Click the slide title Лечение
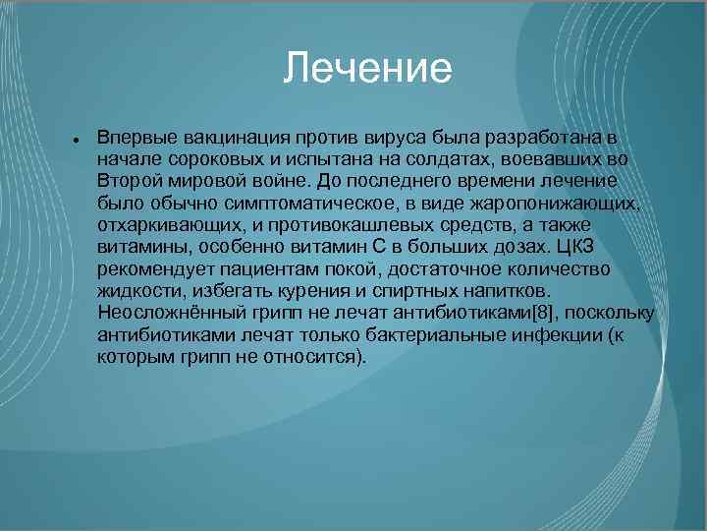tap(367, 70)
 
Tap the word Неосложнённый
tap(163, 313)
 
